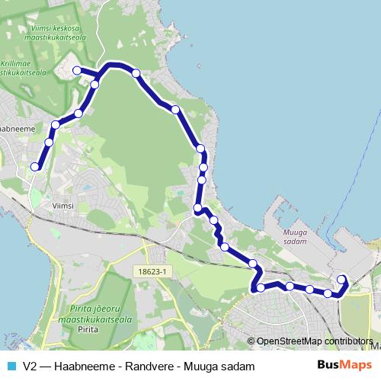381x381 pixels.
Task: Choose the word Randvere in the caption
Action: point(138,366)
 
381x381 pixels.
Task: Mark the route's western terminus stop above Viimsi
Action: point(34,166)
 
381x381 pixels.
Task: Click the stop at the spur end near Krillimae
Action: point(77,70)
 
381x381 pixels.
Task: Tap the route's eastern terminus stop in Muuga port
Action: point(341,279)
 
